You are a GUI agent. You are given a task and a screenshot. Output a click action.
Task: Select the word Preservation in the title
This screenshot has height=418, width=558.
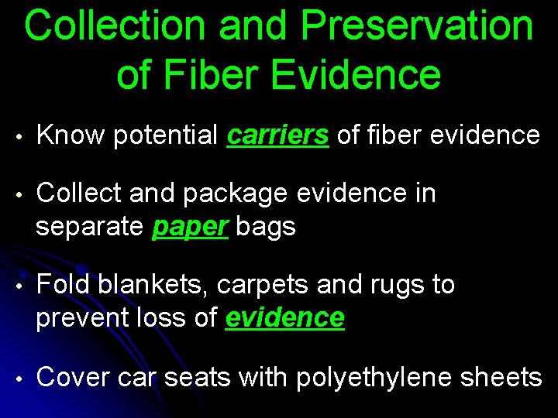pos(416,26)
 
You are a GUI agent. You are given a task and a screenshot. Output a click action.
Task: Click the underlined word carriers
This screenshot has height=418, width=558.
pos(278,135)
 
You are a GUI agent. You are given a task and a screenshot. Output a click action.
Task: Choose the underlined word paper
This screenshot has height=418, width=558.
pos(191,227)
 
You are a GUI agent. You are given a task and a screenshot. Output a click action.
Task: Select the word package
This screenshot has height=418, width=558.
pos(231,194)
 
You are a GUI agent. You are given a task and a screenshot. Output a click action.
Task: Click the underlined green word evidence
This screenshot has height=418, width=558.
pos(284,317)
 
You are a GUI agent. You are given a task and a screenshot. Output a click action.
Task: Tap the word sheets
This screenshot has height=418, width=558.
pos(501,377)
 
